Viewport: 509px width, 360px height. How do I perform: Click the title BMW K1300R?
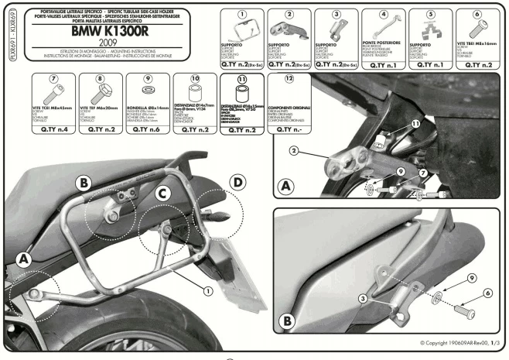pos(113,33)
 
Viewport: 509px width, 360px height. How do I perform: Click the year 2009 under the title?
pos(113,48)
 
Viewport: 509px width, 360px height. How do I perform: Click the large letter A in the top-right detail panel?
pos(286,187)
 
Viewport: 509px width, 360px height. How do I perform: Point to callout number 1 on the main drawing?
pos(207,291)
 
